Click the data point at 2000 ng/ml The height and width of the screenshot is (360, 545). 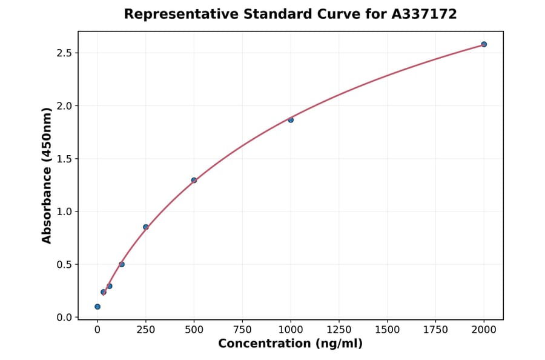pos(484,44)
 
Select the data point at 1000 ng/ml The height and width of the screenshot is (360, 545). pos(291,120)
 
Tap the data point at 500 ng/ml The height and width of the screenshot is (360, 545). pos(194,180)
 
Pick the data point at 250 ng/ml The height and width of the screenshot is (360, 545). pos(146,227)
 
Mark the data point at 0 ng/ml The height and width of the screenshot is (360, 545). pos(97,307)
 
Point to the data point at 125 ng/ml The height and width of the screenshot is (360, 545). pos(122,264)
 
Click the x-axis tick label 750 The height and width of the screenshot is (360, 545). pos(242,330)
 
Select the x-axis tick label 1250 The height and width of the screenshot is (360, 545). pos(339,330)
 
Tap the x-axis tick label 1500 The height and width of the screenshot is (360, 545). pos(387,330)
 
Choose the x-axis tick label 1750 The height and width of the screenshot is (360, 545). pos(435,330)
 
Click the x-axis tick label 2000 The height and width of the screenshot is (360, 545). pos(484,330)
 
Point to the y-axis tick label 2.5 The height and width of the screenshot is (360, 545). pos(64,53)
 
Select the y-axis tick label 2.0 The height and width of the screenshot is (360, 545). pos(64,106)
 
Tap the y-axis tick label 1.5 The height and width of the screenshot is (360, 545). pos(64,159)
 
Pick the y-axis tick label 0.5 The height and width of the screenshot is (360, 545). pos(64,264)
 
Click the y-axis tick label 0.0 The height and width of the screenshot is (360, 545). pos(64,318)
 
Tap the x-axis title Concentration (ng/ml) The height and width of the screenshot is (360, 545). pos(290,344)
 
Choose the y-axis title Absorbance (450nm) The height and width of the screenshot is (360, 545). pos(47,176)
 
